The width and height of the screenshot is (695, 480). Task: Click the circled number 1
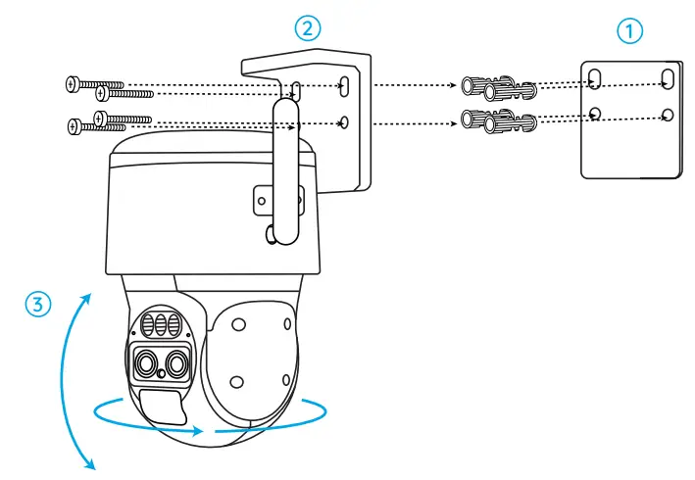(630, 30)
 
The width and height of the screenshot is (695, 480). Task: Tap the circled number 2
(310, 28)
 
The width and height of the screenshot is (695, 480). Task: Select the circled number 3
(36, 304)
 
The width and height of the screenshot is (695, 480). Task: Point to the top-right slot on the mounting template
(667, 77)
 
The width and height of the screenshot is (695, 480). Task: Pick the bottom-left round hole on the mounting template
(595, 114)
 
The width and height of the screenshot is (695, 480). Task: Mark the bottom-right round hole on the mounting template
(667, 115)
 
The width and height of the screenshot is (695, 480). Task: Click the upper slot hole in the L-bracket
(343, 87)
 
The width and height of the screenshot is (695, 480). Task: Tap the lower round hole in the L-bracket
(343, 123)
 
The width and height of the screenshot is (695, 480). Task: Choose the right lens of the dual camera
(176, 363)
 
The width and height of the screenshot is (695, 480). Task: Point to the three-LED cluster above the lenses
(162, 324)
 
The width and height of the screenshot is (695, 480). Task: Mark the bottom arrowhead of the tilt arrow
(91, 465)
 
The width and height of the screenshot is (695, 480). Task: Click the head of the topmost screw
(70, 84)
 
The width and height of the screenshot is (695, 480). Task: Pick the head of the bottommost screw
(72, 125)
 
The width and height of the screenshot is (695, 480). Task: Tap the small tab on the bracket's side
(262, 199)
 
